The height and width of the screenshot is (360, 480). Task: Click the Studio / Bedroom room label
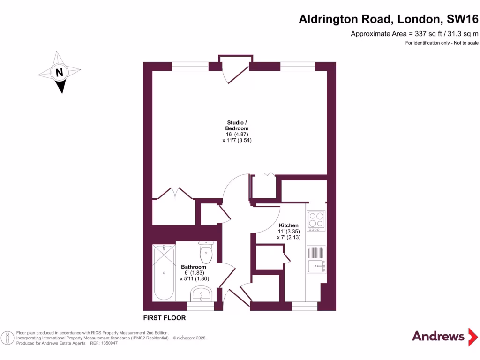click(237, 125)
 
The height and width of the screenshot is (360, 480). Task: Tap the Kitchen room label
click(288, 225)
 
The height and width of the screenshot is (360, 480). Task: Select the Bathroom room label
click(194, 267)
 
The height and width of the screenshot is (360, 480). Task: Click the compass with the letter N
click(60, 73)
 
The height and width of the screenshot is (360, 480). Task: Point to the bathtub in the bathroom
click(164, 272)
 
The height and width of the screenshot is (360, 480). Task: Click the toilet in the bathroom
click(206, 252)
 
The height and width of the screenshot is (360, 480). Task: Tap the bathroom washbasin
click(202, 294)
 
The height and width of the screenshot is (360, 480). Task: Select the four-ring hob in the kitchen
click(316, 221)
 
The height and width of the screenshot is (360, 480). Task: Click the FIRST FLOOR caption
click(164, 318)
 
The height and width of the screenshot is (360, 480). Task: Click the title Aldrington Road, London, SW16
click(389, 20)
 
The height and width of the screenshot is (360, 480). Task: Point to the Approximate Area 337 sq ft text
click(414, 34)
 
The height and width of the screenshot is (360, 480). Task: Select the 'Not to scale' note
click(442, 43)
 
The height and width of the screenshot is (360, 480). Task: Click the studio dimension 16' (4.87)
click(237, 134)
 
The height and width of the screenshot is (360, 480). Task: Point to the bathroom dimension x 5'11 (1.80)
click(194, 278)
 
